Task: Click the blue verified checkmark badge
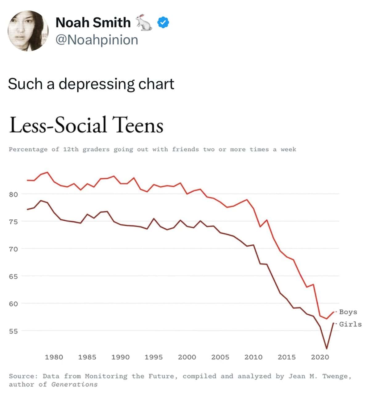point(163,22)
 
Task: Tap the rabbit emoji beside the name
point(144,22)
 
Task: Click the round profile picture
point(28,31)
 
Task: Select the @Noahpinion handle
point(97,40)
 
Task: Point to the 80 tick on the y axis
point(13,194)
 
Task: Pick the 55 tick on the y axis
point(13,331)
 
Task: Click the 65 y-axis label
point(13,276)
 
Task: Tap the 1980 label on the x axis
point(54,357)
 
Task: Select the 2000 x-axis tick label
point(187,357)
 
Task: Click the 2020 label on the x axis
point(320,357)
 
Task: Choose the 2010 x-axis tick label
point(253,357)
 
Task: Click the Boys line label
point(348,312)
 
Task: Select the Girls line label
point(350,324)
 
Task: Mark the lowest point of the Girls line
point(327,349)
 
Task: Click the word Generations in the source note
point(74,385)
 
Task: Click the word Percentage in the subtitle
point(28,149)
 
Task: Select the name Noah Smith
point(93,22)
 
